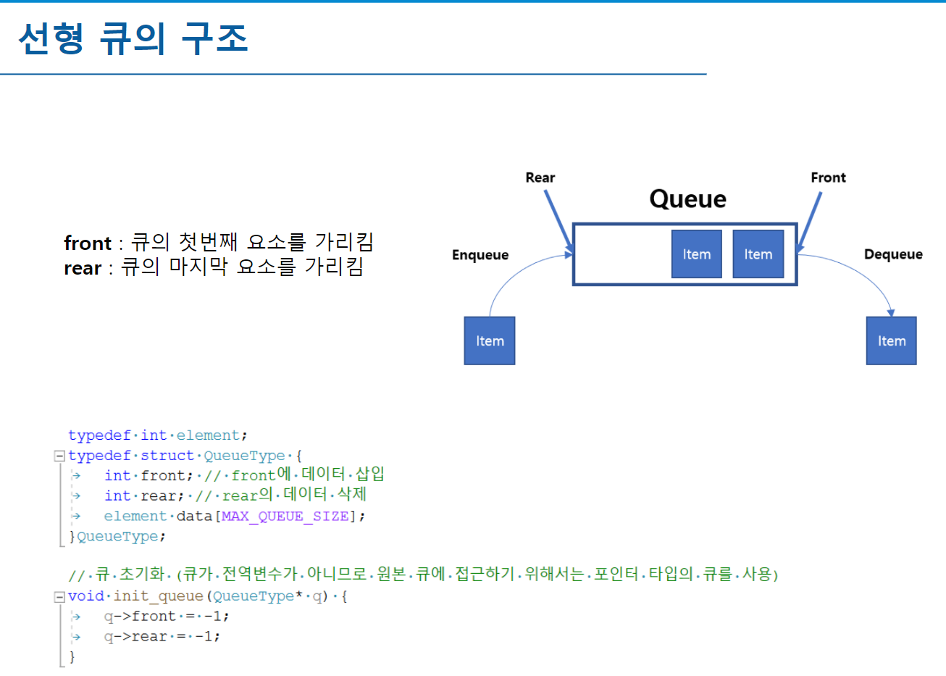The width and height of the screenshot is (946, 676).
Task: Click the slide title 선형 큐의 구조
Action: [133, 38]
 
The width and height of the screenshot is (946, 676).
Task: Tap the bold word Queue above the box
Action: [687, 199]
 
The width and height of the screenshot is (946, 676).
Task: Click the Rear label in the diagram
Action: [540, 178]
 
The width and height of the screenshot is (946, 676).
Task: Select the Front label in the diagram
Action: [828, 178]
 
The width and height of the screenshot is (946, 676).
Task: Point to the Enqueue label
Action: [480, 255]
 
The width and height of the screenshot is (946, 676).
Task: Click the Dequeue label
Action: [893, 254]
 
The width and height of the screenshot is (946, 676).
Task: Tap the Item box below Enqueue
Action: [490, 341]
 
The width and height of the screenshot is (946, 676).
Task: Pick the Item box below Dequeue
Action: [892, 341]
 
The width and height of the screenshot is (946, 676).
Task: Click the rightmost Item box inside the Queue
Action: [758, 254]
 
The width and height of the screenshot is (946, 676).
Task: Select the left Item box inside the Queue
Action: [696, 254]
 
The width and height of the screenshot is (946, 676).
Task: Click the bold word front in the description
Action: [88, 243]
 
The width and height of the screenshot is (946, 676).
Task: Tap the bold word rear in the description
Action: [83, 268]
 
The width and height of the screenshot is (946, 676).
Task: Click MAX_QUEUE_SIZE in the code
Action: [285, 517]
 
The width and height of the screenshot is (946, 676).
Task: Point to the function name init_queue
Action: [158, 596]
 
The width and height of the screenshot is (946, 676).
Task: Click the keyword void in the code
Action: [86, 596]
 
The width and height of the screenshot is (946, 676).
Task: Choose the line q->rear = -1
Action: [162, 637]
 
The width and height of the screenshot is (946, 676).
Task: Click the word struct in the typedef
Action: [167, 456]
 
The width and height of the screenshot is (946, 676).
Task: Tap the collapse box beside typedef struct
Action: [59, 456]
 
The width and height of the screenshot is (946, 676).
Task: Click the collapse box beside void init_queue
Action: [59, 597]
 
